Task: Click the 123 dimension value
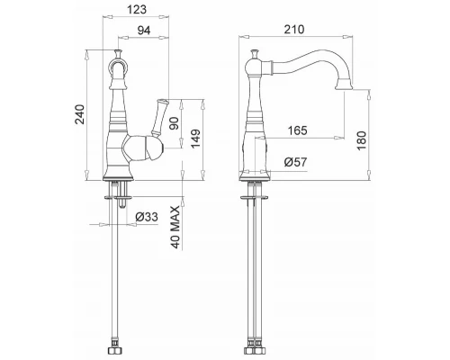pyautogui.click(x=137, y=9)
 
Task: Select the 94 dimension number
pyautogui.click(x=144, y=31)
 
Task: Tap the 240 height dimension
pyautogui.click(x=80, y=114)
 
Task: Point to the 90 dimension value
pyautogui.click(x=174, y=123)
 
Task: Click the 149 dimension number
pyautogui.click(x=195, y=139)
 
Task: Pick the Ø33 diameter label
pyautogui.click(x=147, y=216)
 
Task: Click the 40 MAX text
pyautogui.click(x=176, y=227)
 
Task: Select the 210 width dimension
pyautogui.click(x=294, y=30)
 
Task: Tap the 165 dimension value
pyautogui.click(x=298, y=130)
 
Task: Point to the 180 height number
pyautogui.click(x=362, y=140)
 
